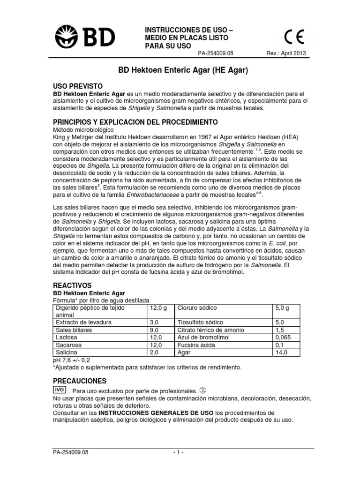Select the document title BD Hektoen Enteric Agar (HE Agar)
point(181,71)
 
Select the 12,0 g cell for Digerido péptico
point(158,308)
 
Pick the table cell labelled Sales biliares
point(74,330)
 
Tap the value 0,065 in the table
point(283,337)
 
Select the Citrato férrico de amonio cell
point(206,330)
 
